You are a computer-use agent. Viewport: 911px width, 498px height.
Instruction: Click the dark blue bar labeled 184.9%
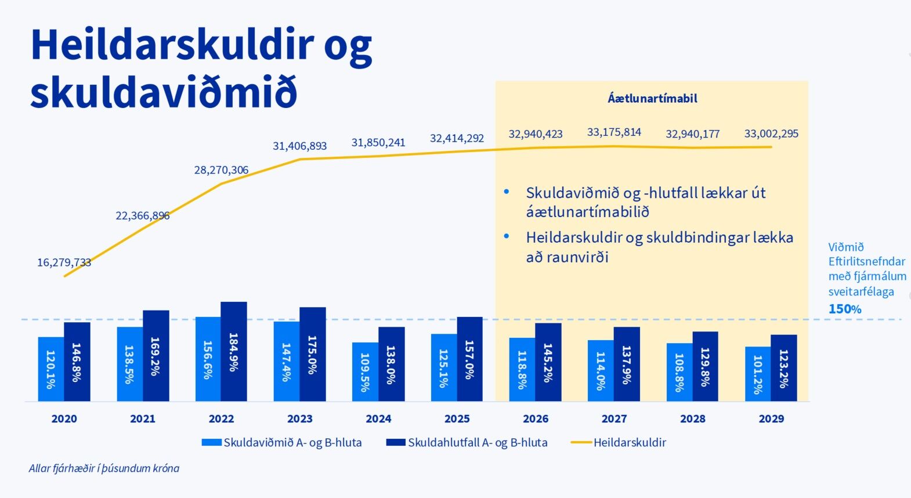tap(234, 351)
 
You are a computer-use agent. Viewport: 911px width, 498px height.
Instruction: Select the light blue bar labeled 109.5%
tap(365, 371)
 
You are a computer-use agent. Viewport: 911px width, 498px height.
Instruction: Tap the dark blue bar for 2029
tap(784, 367)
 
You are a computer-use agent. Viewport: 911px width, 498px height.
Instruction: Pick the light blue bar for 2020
tap(51, 369)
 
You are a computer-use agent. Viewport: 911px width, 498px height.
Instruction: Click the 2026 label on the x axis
tap(536, 418)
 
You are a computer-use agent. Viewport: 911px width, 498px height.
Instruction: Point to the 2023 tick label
tap(300, 418)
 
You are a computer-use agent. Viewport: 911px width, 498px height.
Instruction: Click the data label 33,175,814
tap(614, 132)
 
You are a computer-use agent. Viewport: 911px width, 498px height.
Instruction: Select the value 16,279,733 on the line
tap(64, 262)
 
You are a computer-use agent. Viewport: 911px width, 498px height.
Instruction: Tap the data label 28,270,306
tap(221, 170)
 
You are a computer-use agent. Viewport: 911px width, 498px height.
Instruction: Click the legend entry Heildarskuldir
tap(630, 442)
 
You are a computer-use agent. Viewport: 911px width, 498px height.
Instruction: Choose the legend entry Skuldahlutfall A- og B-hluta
tap(478, 442)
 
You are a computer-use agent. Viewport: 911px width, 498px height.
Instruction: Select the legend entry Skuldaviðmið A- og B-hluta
tap(292, 442)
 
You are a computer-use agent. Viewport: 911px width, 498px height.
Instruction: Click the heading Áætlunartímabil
tap(652, 98)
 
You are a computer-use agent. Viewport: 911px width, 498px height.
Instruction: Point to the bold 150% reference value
tap(845, 309)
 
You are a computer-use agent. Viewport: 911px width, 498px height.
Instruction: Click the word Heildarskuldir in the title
tap(172, 45)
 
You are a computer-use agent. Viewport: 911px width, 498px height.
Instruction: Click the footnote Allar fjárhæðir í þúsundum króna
tap(104, 468)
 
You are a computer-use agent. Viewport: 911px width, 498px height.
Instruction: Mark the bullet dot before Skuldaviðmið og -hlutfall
tap(507, 192)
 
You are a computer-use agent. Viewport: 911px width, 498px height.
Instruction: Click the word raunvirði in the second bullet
tap(576, 257)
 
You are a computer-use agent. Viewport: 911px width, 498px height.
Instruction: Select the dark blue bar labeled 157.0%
tap(469, 359)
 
